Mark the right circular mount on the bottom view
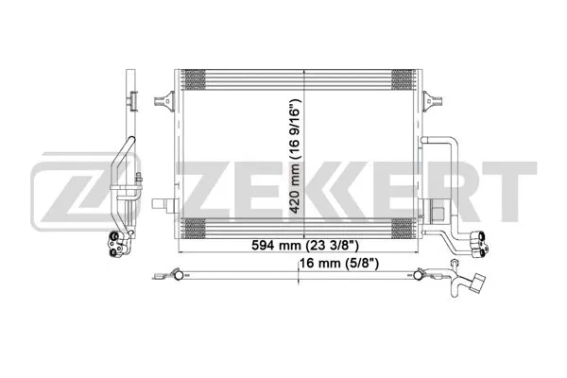pos(418,277)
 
